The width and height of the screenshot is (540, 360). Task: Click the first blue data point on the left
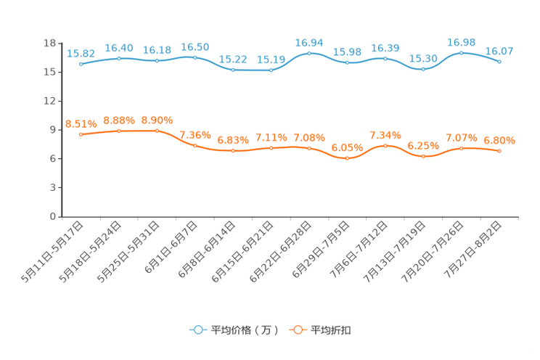[x=81, y=64]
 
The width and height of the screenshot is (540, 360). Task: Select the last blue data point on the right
[x=499, y=62]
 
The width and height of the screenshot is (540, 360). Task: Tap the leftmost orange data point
[x=81, y=134]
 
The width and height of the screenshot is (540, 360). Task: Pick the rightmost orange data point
[x=499, y=151]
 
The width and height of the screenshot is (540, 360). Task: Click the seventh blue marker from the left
[x=309, y=53]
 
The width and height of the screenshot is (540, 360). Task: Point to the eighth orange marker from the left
[x=347, y=157]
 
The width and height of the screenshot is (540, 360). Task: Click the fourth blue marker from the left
[x=195, y=57]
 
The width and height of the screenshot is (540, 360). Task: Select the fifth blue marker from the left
[x=233, y=70]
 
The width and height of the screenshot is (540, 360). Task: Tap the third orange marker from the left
[x=157, y=131]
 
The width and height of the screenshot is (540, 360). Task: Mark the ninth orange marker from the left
[x=385, y=145]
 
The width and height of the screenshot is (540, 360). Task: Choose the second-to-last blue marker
[x=462, y=52]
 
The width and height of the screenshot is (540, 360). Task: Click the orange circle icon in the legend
[x=297, y=330]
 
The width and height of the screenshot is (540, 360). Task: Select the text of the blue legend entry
[x=245, y=330]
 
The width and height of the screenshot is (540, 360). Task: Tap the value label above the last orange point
[x=499, y=140]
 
